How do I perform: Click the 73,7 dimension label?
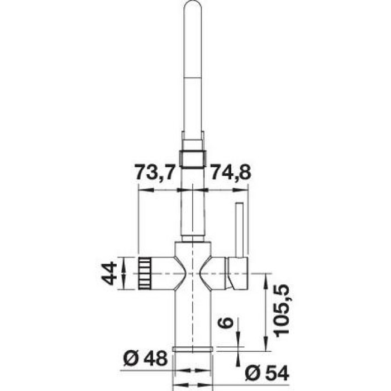pyautogui.click(x=154, y=171)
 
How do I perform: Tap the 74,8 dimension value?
pyautogui.click(x=230, y=171)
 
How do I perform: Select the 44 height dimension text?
pyautogui.click(x=109, y=273)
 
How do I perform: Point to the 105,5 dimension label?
pyautogui.click(x=282, y=311)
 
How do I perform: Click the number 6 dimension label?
pyautogui.click(x=225, y=323)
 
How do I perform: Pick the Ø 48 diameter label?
pyautogui.click(x=145, y=359)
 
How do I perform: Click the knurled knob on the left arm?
pyautogui.click(x=144, y=273)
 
